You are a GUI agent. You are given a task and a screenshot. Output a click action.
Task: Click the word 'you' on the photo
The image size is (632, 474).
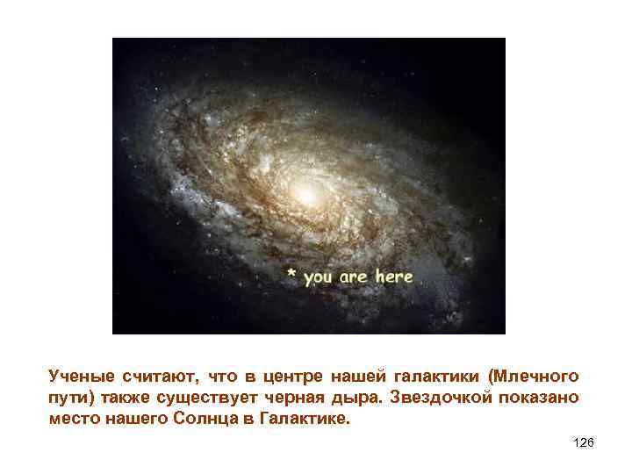click(318, 278)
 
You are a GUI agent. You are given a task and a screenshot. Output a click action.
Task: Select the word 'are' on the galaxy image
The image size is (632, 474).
click(354, 277)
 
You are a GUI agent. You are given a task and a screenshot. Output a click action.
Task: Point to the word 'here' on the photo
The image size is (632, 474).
click(393, 276)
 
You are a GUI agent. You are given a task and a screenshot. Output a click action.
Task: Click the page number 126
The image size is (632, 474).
click(583, 443)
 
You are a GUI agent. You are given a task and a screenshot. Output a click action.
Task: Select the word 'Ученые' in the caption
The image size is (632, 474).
click(82, 377)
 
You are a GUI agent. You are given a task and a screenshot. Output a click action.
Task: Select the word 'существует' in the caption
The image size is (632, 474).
click(216, 399)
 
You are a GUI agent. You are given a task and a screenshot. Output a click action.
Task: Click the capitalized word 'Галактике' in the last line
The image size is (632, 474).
click(302, 419)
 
